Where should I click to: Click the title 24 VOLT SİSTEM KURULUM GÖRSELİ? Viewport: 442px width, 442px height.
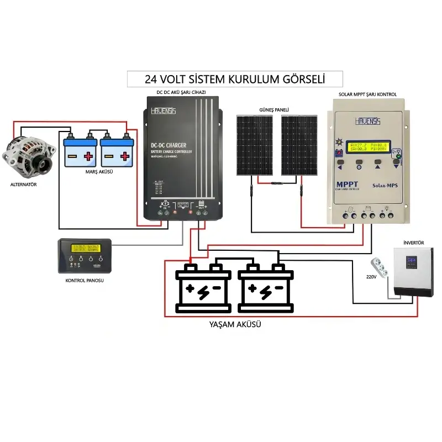(234, 78)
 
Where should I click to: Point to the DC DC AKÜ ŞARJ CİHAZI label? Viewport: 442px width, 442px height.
(181, 91)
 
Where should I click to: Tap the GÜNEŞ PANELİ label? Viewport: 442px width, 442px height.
(274, 109)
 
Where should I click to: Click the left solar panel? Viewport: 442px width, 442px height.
(255, 145)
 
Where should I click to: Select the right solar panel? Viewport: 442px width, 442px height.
(298, 145)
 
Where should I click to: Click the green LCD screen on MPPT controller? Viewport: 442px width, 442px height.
(370, 146)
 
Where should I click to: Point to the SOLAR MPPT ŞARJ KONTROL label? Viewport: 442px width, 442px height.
(367, 94)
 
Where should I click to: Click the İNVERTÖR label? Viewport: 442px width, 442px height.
(413, 243)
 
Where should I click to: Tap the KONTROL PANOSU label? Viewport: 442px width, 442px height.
(85, 280)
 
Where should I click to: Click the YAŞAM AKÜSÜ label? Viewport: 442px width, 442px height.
(235, 325)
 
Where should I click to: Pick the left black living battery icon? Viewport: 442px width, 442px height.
(203, 288)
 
